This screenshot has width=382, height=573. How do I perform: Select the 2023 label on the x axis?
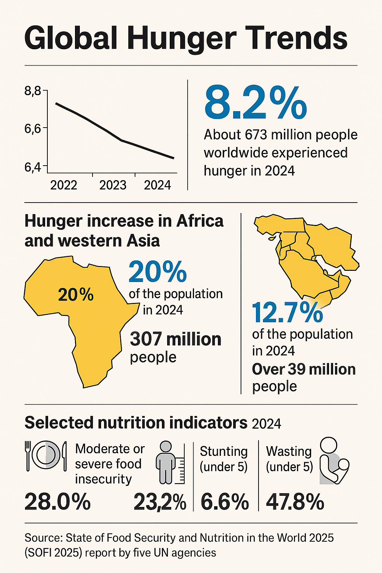tap(113, 185)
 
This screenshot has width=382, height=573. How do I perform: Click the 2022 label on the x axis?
tap(64, 185)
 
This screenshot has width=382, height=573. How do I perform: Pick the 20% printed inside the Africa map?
tap(76, 295)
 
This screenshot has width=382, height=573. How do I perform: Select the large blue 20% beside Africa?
tap(157, 272)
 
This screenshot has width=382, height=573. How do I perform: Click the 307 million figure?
tap(175, 339)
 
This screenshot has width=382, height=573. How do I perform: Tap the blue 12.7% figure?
tap(287, 313)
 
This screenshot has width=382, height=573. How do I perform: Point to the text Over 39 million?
tap(304, 369)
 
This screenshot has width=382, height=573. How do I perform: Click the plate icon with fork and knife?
tap(46, 455)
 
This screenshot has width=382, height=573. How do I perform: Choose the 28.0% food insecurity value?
tap(57, 502)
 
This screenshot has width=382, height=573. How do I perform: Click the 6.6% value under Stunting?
tap(225, 502)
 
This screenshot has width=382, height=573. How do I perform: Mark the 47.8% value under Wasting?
tap(295, 502)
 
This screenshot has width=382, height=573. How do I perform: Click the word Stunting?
tap(224, 451)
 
